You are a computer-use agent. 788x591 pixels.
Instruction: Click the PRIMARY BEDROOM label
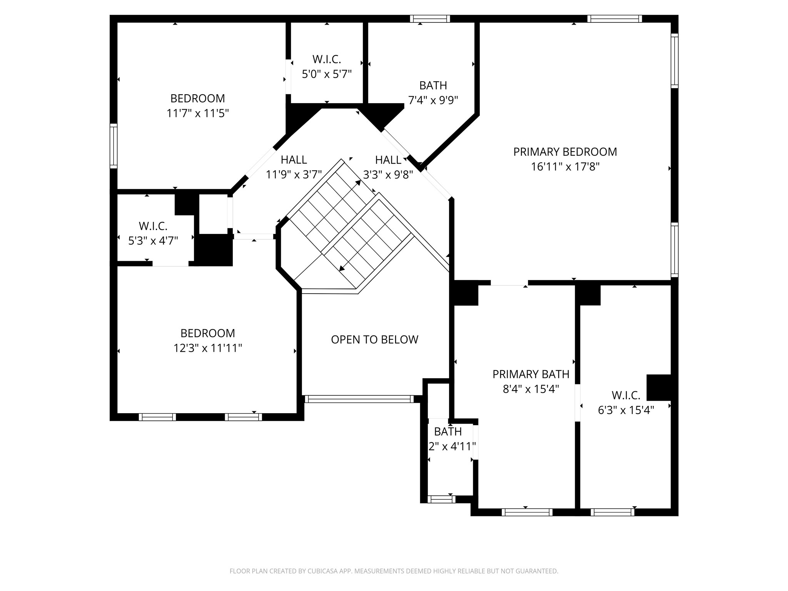tap(565, 152)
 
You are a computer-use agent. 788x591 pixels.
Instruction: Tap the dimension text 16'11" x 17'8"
tap(565, 167)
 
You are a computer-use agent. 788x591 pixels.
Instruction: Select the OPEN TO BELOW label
tap(374, 339)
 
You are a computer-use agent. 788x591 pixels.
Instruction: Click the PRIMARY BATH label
tap(531, 374)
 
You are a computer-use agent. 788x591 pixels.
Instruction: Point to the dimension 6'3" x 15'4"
tap(626, 410)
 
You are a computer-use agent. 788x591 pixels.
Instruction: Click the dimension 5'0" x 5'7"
tap(327, 74)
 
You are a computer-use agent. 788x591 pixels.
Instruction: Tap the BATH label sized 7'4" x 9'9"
tap(433, 85)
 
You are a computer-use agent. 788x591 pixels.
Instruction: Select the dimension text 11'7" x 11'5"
tap(197, 114)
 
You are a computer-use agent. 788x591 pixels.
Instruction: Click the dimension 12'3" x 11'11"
tap(207, 348)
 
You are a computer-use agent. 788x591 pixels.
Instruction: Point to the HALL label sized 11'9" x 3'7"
tap(294, 160)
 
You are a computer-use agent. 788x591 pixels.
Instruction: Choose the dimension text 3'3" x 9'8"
tap(388, 175)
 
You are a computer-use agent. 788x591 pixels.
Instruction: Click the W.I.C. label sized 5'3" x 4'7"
tap(153, 226)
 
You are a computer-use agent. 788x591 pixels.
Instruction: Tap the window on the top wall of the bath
tap(430, 19)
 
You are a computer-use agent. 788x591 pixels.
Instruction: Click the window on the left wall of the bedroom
tap(113, 146)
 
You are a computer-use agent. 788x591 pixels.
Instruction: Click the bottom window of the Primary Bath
tap(527, 512)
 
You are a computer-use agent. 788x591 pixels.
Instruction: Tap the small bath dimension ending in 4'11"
tap(452, 446)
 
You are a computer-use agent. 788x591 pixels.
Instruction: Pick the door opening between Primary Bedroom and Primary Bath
tap(509, 283)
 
